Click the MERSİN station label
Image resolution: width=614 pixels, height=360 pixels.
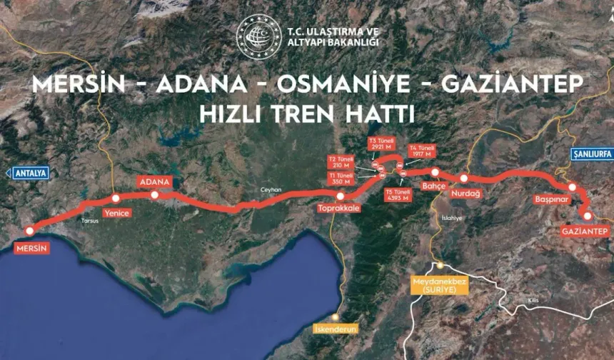[x=31, y=249]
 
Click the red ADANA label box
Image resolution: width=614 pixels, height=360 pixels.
[x=154, y=182]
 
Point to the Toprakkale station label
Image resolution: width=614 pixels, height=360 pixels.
[x=338, y=209]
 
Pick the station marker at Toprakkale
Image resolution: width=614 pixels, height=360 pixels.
[x=341, y=196]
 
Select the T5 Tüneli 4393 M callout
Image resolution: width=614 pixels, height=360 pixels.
[x=398, y=195]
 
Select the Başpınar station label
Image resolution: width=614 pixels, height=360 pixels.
[x=551, y=199]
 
